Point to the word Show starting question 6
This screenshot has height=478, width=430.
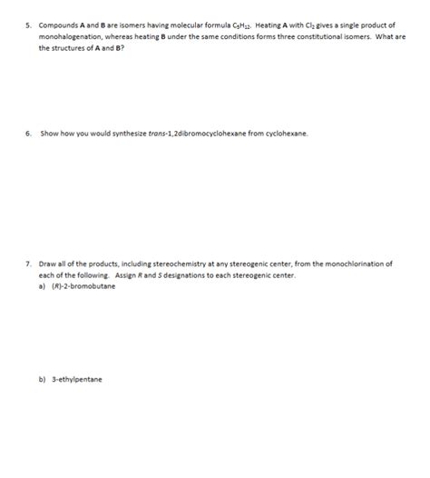coord(47,133)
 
